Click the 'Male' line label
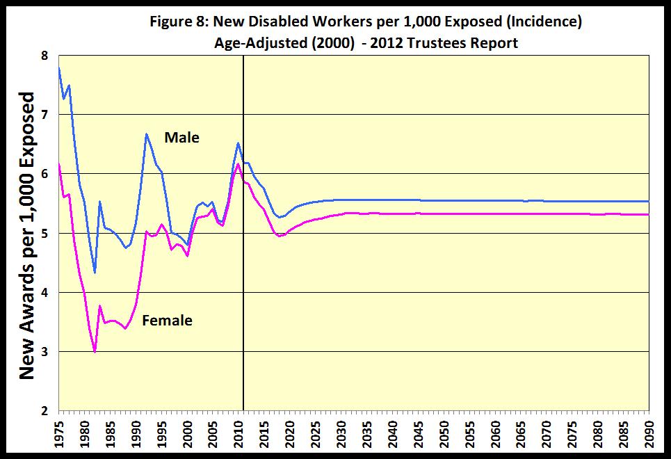tap(181, 138)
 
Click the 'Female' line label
tap(167, 321)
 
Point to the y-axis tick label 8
tap(45, 55)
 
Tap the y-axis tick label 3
tap(45, 352)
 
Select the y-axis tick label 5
tap(45, 233)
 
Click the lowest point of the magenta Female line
tap(95, 352)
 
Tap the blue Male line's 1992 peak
tap(147, 134)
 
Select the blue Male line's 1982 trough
tap(95, 272)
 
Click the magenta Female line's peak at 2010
tap(239, 163)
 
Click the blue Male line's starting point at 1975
tap(59, 67)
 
